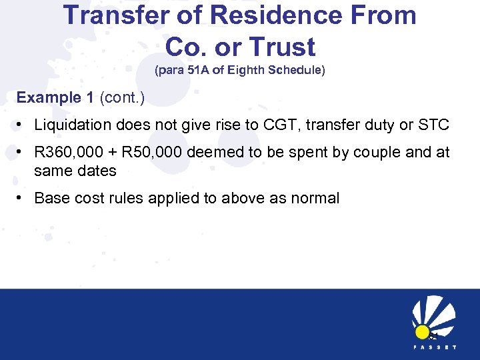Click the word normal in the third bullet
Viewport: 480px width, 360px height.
click(315, 198)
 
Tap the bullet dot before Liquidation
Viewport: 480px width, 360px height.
click(22, 125)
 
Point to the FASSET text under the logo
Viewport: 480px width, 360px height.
click(434, 348)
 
